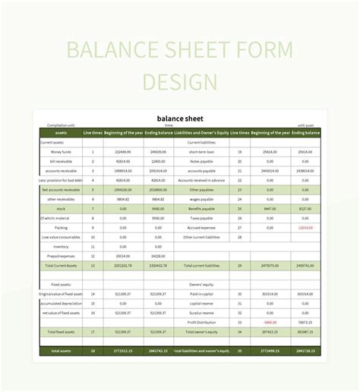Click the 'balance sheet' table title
180,118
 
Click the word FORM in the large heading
253,52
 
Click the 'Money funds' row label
62,152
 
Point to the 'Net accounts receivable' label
62,189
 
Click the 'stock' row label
62,208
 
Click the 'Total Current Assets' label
62,266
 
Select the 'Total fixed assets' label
62,332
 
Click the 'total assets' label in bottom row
62,351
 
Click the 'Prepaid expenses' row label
62,256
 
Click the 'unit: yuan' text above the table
307,126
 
